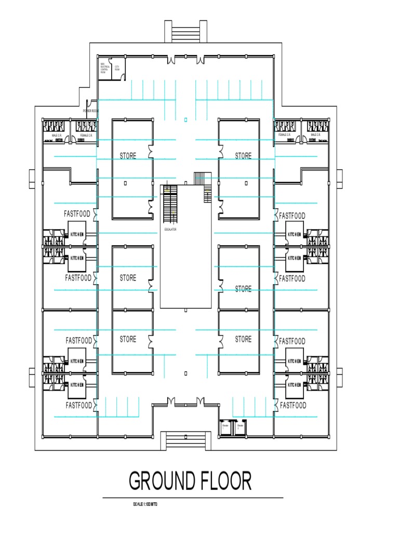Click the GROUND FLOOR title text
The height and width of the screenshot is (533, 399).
tap(190, 480)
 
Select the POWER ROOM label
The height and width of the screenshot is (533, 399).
tap(90, 111)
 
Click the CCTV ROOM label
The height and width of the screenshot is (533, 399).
tap(117, 68)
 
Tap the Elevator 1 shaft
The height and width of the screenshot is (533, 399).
tap(226, 427)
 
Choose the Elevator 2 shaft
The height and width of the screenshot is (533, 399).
tap(241, 427)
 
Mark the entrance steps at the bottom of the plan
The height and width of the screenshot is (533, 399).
tap(185, 439)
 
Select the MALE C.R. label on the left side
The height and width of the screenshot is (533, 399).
tap(57, 135)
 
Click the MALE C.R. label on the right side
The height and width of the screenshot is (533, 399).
tap(315, 135)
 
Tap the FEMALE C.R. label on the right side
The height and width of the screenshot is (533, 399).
tap(284, 135)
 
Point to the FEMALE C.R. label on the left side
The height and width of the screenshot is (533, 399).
tap(86, 135)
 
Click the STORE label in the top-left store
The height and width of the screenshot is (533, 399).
tap(128, 156)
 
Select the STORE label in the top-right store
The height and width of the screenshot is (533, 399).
tap(243, 156)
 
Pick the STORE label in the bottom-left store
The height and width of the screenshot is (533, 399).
tap(128, 339)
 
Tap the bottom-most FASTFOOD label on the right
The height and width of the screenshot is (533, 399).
tap(293, 405)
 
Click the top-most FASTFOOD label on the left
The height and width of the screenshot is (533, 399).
tap(77, 214)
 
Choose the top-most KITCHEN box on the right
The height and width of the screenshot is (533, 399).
tap(294, 235)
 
